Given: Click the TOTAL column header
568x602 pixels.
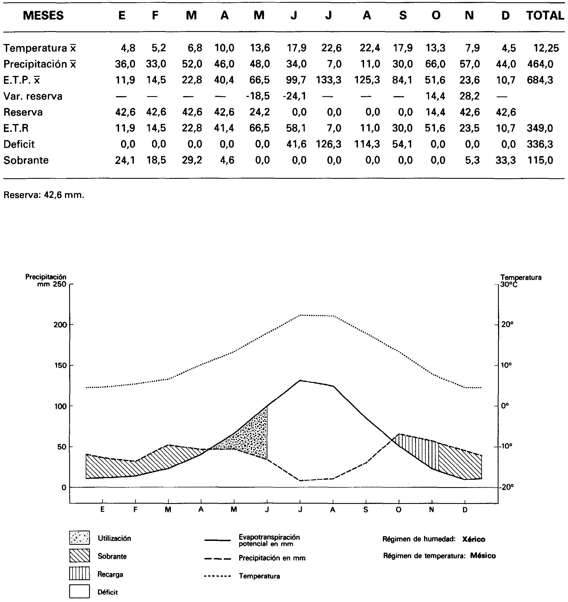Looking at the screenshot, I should coord(545,15).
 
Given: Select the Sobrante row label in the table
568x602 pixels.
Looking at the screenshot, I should coord(26,160).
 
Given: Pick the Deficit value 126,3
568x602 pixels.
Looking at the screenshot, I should coord(329,144).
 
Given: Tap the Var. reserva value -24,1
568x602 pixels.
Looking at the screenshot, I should coord(294,96).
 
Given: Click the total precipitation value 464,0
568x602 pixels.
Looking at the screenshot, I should coord(540,64).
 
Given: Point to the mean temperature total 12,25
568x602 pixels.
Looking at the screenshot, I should coord(546,48).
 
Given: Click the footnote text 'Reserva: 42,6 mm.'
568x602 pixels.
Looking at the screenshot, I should coord(44,195).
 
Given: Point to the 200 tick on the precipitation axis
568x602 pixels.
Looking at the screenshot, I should coord(60,325).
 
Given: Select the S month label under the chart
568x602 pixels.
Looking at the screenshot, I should coord(366,510).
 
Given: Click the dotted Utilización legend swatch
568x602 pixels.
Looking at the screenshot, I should coord(79,538).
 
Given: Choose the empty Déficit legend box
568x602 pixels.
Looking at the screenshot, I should coord(79,591).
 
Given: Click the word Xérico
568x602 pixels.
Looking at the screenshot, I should coord(474,539).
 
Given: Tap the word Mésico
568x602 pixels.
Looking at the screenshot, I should coord(483,556).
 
